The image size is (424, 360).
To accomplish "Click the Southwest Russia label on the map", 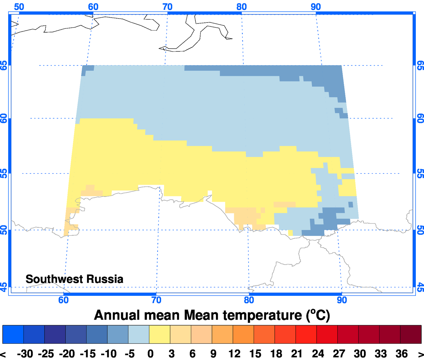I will pos(74,279).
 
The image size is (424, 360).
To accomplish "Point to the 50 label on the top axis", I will pos(19,7).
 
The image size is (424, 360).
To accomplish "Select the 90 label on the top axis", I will pos(316,7).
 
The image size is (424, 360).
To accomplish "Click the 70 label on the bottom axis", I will pos(156,300).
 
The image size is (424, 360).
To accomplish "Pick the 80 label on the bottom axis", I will pos(249,300).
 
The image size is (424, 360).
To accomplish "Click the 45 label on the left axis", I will pos(4,287).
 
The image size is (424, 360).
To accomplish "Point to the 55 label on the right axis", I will pos(420,173).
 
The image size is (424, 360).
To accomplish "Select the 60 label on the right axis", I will pos(420,119).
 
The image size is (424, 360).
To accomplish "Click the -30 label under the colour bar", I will pos(25,354).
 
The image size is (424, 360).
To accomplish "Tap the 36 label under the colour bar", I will pos(401,354).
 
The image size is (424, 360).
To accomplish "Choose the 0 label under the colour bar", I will pos(150,354).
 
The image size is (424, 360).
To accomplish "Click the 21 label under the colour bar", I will pos(296,354).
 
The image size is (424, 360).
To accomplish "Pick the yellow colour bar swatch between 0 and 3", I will pos(159,334).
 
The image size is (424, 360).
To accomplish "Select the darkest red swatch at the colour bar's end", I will pos(411,334).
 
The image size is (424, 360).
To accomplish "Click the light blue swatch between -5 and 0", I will pos(139,334).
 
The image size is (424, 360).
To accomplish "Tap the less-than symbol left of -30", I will pos(4,354).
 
